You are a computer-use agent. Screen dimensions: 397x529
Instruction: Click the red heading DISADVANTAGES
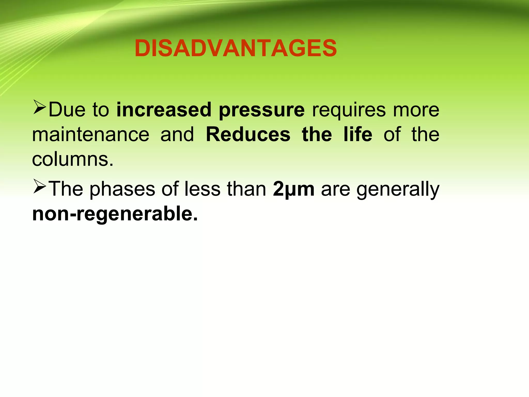click(236, 48)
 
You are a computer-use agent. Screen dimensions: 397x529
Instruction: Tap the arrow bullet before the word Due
click(40, 108)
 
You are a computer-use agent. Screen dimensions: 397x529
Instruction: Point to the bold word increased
click(164, 110)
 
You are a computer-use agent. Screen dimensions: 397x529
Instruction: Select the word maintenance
click(91, 135)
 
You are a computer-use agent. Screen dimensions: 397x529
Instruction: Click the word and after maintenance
click(177, 135)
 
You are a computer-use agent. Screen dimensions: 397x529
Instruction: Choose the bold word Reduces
click(248, 135)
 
